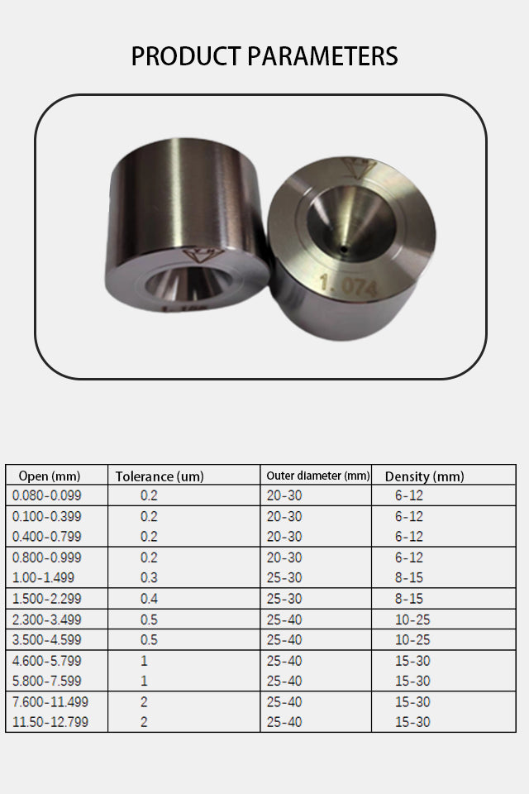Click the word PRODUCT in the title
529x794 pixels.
tap(186, 56)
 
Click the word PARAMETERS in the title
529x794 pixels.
tap(322, 56)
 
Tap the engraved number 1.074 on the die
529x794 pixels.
tap(349, 285)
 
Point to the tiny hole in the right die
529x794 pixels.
tap(344, 250)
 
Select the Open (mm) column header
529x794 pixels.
tap(50, 476)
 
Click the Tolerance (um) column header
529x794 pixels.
tap(160, 476)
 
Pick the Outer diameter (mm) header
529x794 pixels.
tap(318, 476)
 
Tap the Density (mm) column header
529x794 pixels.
tap(424, 476)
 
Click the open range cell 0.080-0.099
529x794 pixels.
tap(46, 495)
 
